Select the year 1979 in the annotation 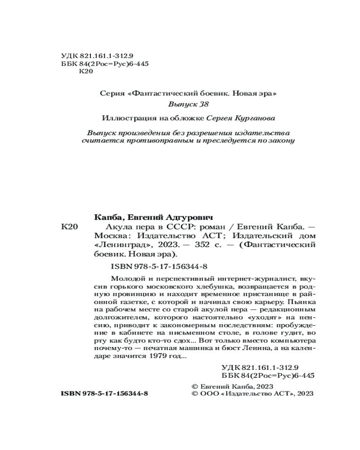tap(156, 356)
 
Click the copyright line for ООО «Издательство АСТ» tap(252, 393)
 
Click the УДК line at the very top tap(94, 56)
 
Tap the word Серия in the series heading tap(113, 94)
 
